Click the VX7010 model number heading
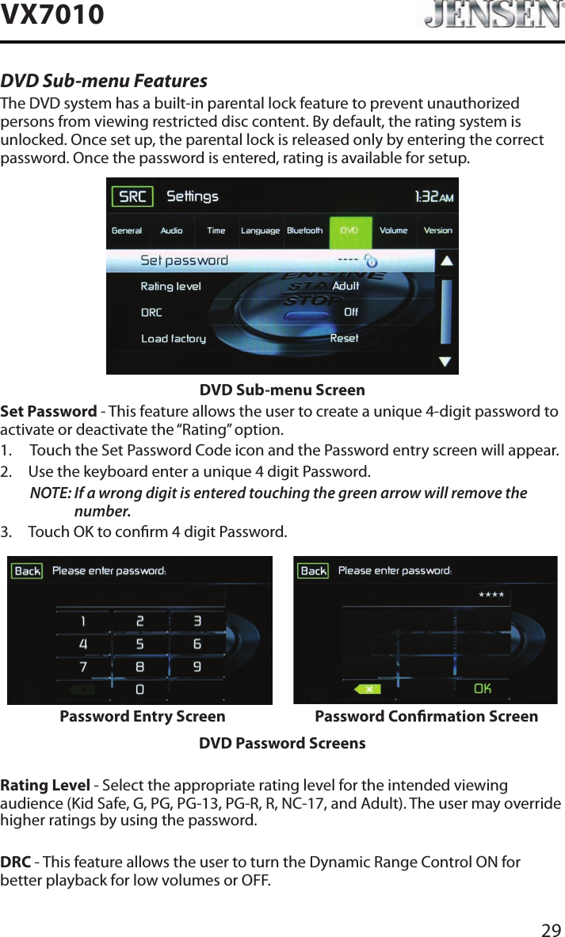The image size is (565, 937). pyautogui.click(x=52, y=14)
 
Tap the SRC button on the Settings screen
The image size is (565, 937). pyautogui.click(x=132, y=196)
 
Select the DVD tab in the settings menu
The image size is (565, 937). pyautogui.click(x=349, y=230)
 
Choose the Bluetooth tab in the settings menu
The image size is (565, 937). pyautogui.click(x=304, y=230)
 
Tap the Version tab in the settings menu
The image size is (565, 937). pyautogui.click(x=437, y=230)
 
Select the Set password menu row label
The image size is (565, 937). pyautogui.click(x=184, y=260)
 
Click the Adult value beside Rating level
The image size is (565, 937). pyautogui.click(x=345, y=286)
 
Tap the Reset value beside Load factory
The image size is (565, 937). pyautogui.click(x=344, y=338)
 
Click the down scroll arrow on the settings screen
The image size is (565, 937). pyautogui.click(x=446, y=361)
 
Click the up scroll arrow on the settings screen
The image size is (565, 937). pyautogui.click(x=446, y=260)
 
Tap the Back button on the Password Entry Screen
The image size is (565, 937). pyautogui.click(x=28, y=571)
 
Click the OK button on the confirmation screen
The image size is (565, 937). pyautogui.click(x=483, y=688)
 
